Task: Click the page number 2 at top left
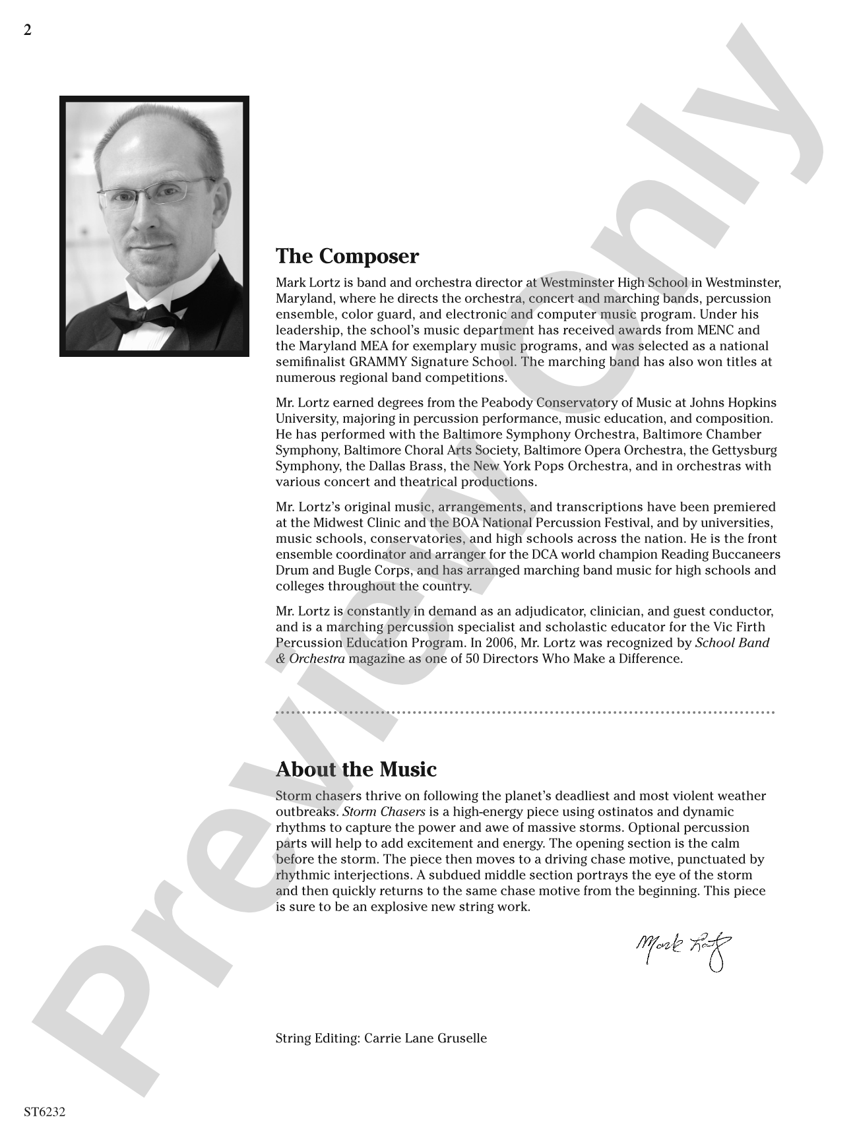[x=27, y=30]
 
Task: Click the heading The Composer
[x=347, y=256]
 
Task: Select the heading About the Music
[x=356, y=769]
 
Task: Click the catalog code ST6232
[x=45, y=1112]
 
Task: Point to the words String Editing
[x=315, y=1038]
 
